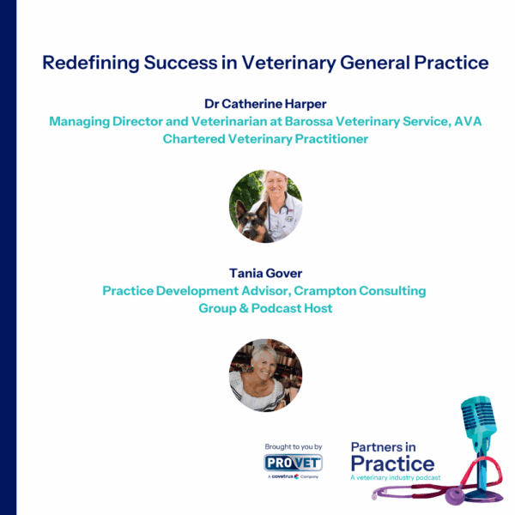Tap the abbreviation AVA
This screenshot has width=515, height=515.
(465, 122)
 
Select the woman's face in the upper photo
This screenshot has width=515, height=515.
(277, 186)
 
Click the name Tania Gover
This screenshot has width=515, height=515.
(264, 274)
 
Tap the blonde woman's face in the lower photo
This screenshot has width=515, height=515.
(260, 364)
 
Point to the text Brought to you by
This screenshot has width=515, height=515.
(294, 447)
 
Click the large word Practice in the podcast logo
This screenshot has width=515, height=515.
(392, 464)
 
